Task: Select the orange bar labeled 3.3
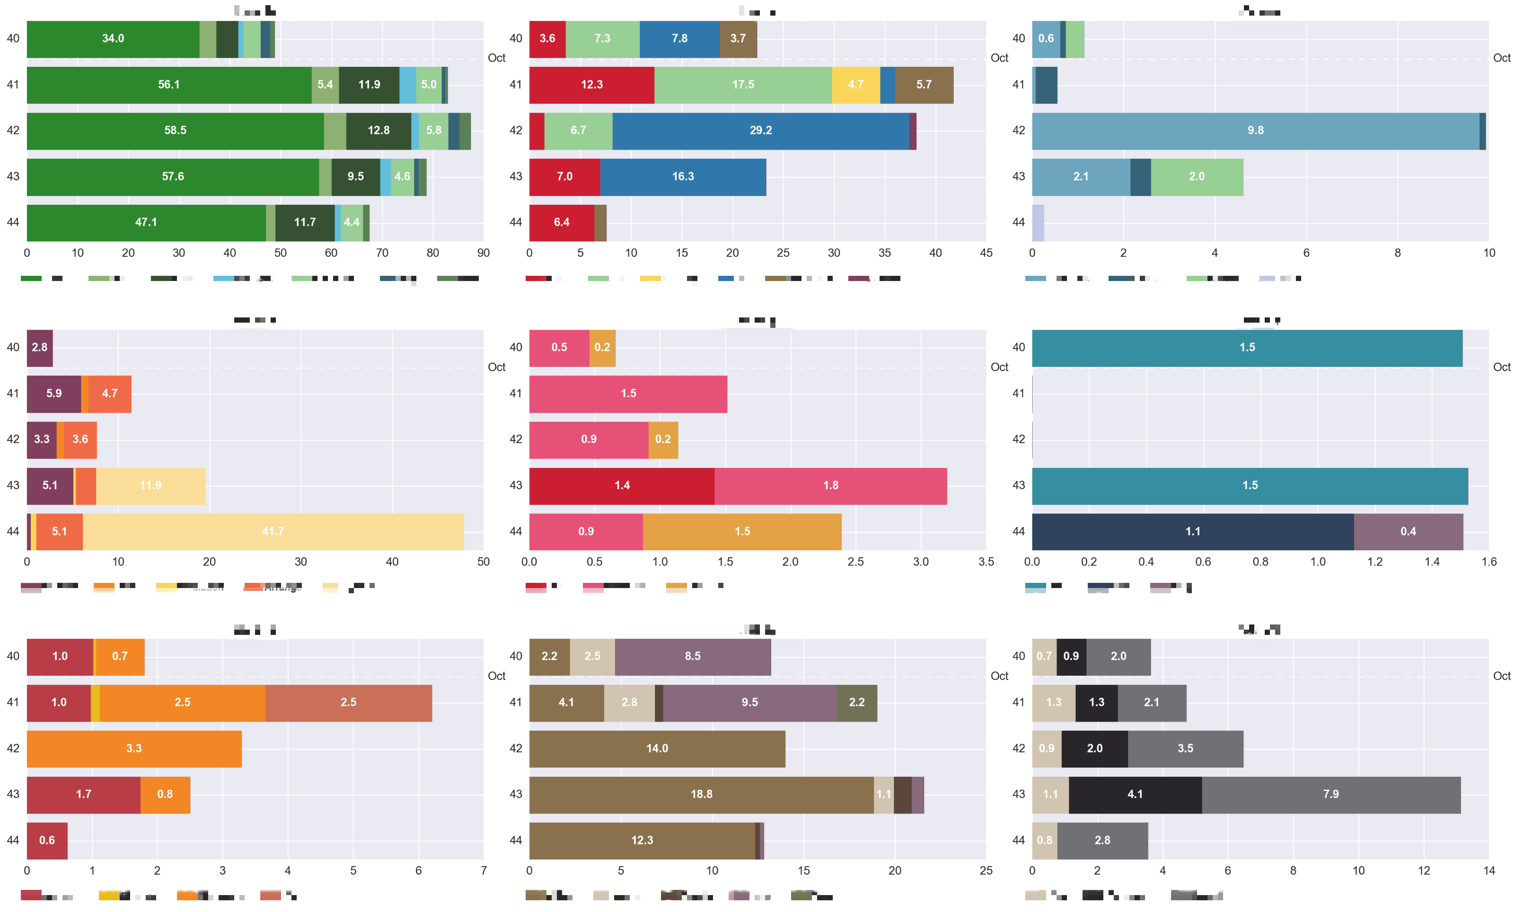134,749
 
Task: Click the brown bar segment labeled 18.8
701,794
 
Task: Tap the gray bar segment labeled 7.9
1331,794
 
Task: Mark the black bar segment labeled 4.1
1135,794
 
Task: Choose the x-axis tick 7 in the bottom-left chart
484,871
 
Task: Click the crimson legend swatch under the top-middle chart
536,279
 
